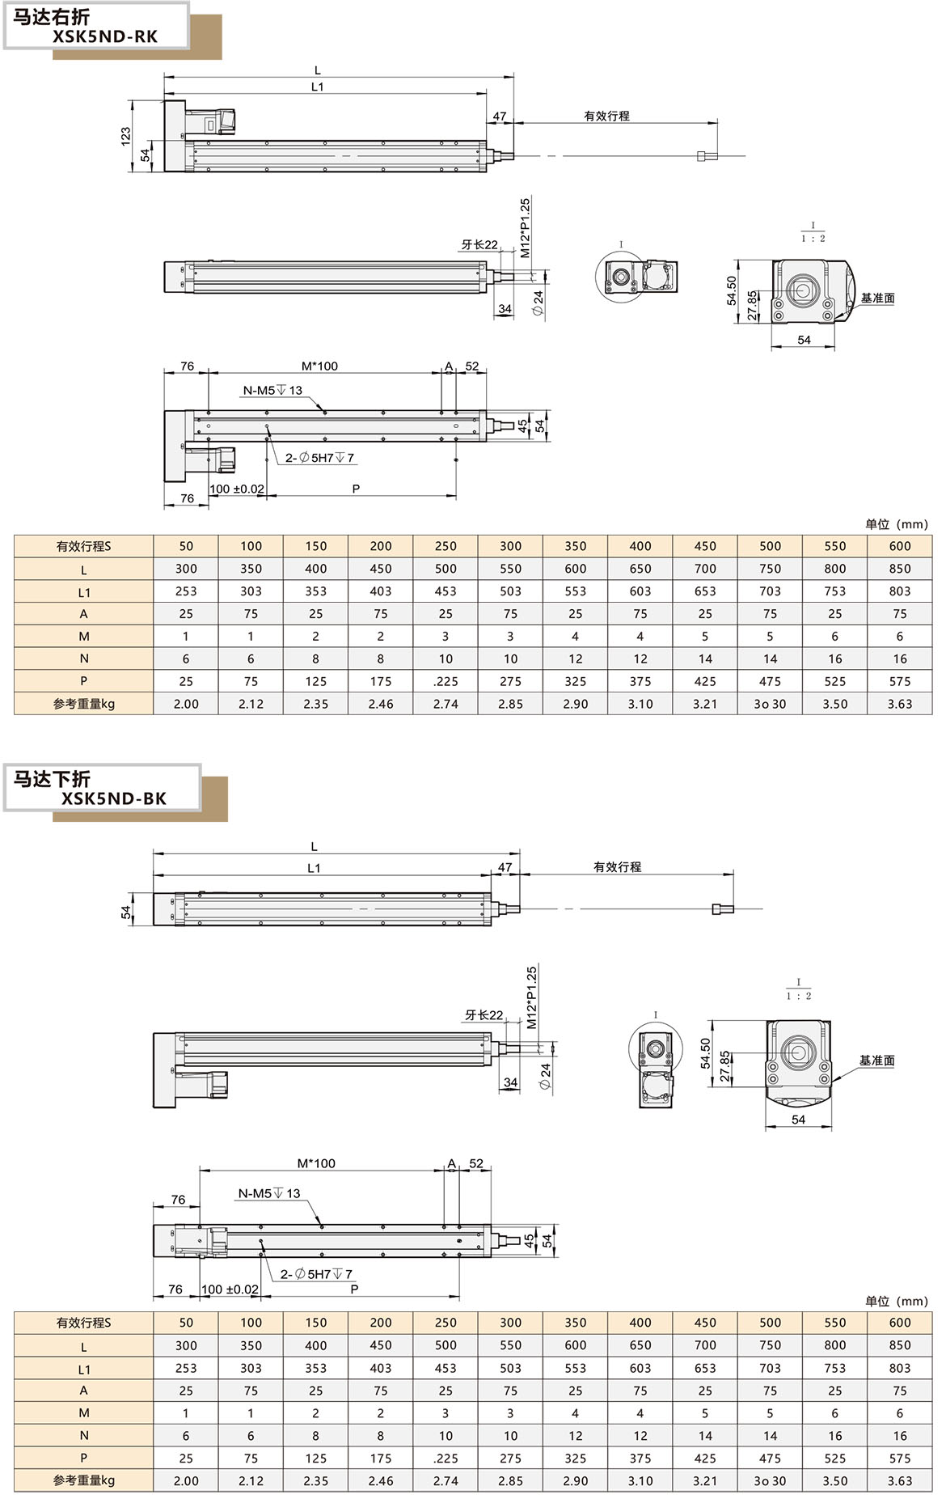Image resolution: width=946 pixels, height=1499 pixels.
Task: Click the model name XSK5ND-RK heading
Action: [x=105, y=36]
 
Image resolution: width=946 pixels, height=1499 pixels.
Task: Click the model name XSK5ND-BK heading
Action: [x=114, y=798]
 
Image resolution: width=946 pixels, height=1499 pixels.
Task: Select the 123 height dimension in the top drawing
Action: [x=125, y=135]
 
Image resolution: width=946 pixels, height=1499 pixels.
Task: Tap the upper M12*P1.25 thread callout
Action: [x=525, y=228]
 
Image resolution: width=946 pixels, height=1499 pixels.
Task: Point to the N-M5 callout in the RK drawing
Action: [x=272, y=390]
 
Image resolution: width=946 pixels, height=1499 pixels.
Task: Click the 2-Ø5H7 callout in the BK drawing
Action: [x=316, y=1274]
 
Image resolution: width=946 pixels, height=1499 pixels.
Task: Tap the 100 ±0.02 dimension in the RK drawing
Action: [x=237, y=489]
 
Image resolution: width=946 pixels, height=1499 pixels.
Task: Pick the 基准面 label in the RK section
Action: [x=877, y=298]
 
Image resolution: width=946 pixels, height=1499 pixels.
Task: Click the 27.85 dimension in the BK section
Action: [x=724, y=1066]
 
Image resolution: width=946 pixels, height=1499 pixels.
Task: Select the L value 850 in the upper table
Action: [x=899, y=569]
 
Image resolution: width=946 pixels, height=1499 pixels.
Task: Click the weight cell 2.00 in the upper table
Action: [x=186, y=704]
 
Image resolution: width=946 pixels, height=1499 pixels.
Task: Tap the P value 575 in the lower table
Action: [x=899, y=1458]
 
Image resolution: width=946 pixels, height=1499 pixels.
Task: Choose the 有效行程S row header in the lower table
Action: [x=83, y=1323]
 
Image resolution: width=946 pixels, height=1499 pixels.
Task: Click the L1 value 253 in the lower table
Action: [x=186, y=1368]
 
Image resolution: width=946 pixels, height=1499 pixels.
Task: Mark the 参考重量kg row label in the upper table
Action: [x=83, y=704]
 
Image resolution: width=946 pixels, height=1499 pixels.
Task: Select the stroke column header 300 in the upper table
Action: [x=510, y=546]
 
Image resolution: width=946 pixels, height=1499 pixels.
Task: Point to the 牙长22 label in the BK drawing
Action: [x=484, y=1014]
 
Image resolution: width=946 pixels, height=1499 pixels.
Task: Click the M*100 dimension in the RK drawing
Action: [x=319, y=366]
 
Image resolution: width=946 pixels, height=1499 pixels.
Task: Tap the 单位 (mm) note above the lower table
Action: [x=896, y=1301]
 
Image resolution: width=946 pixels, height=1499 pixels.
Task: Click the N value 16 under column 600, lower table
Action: [x=899, y=1435]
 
